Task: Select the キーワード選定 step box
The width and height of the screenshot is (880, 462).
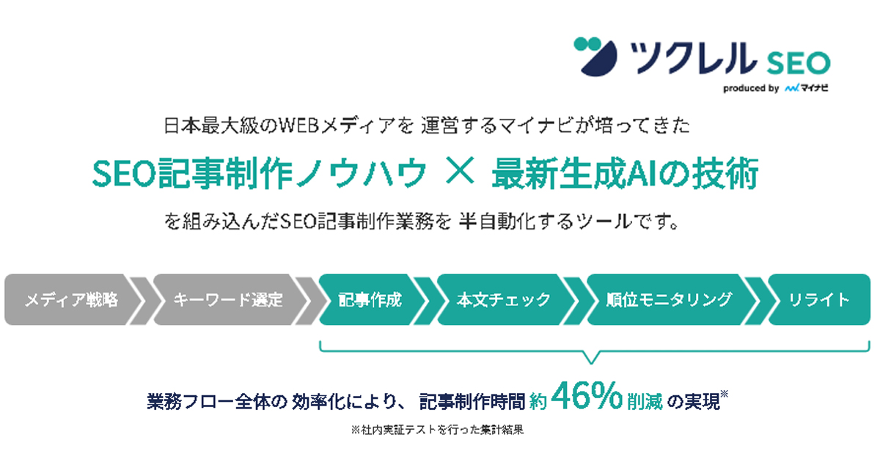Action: [x=230, y=300]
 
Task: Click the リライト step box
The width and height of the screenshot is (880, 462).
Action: [x=820, y=300]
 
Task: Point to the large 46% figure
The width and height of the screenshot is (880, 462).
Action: [x=587, y=396]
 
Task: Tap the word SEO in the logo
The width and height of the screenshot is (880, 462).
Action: [x=799, y=63]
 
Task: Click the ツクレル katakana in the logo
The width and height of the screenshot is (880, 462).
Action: [x=693, y=58]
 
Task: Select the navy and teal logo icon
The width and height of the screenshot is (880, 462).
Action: [x=595, y=56]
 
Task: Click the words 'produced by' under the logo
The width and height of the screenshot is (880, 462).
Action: [x=751, y=89]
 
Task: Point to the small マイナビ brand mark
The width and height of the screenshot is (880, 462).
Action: [x=807, y=88]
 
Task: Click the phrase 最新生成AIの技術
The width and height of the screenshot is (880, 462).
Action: [x=625, y=173]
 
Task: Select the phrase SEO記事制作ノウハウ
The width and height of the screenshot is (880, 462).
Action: [x=260, y=173]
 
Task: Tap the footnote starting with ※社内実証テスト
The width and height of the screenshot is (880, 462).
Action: [x=437, y=430]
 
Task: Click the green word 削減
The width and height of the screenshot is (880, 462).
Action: [x=645, y=402]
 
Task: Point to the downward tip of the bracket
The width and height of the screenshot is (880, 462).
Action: [x=591, y=363]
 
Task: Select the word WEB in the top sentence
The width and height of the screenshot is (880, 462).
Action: [x=298, y=125]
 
